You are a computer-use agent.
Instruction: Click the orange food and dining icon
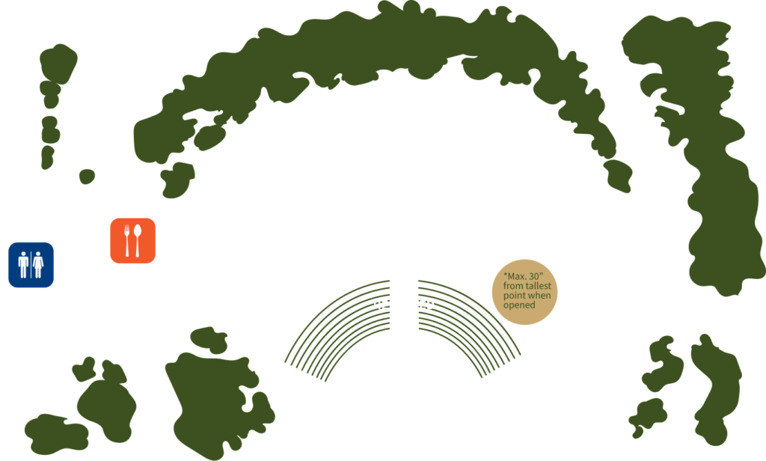pyautogui.click(x=132, y=240)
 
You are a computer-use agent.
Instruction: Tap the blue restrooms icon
pyautogui.click(x=31, y=264)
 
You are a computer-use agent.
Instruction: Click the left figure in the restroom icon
pyautogui.click(x=24, y=264)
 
